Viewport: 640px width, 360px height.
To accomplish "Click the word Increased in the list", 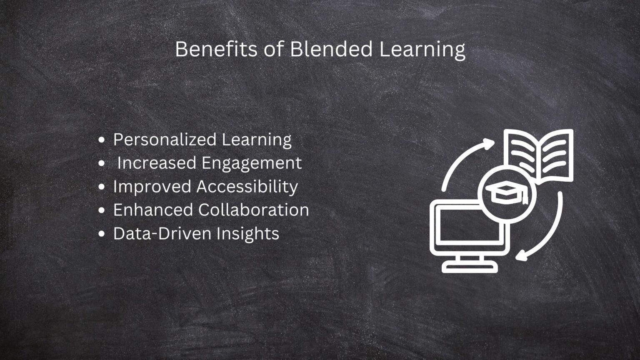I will point(150,163).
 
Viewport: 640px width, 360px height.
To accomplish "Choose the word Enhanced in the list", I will point(153,210).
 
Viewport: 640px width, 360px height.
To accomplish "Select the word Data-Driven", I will point(161,233).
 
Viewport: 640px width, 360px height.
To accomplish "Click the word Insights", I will point(247,234).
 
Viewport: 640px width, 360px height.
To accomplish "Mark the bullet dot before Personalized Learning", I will point(101,140).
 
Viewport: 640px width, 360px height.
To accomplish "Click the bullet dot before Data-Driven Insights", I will point(101,234).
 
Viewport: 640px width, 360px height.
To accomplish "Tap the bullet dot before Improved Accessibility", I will point(101,187).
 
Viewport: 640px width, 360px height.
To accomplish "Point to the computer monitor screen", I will point(462,227).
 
